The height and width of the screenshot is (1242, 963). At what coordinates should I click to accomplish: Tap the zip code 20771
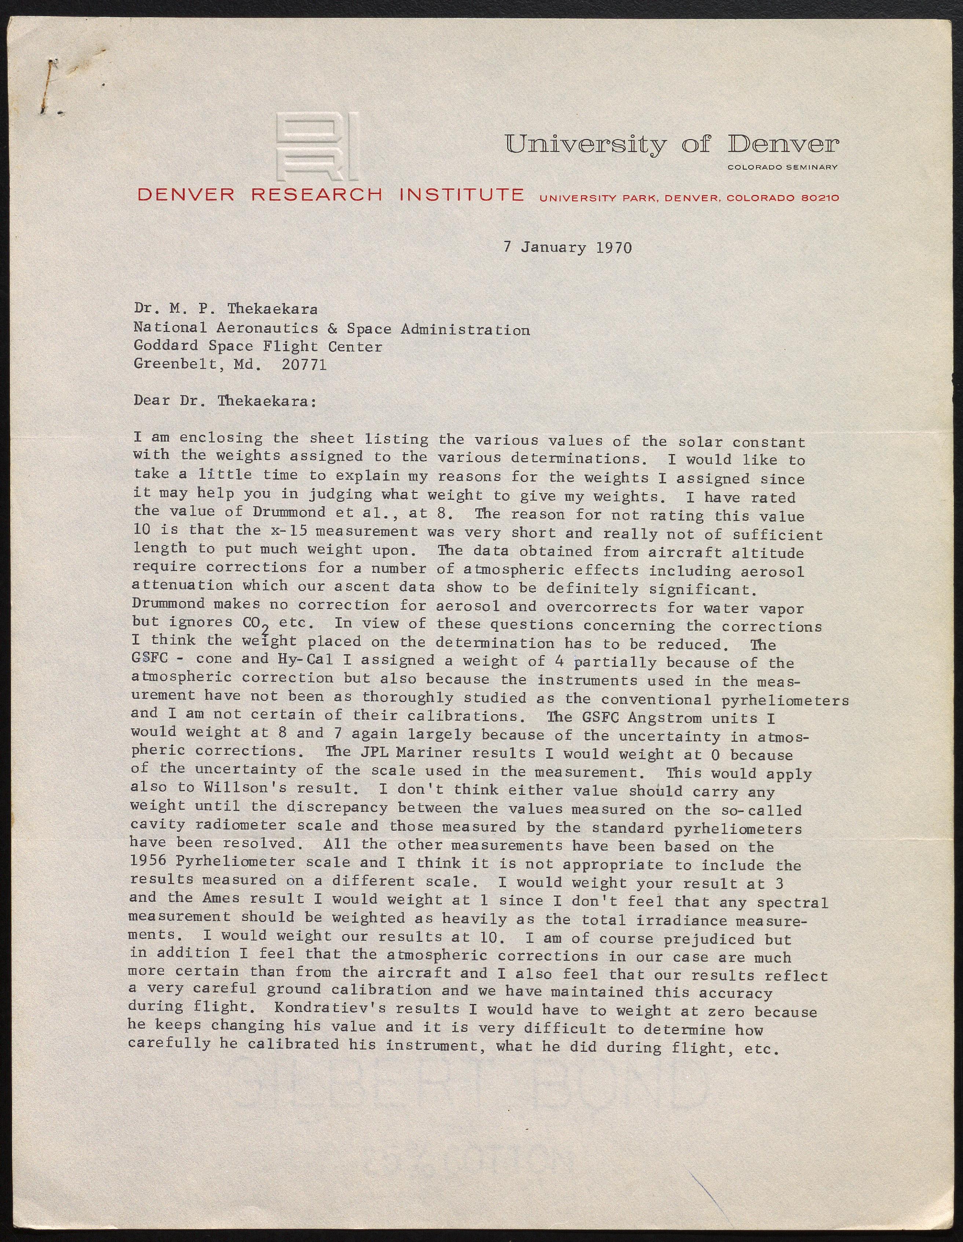click(304, 364)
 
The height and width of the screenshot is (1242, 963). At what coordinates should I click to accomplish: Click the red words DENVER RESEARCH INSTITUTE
click(330, 195)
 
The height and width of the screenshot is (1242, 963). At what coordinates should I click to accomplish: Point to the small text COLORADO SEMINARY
click(782, 167)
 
